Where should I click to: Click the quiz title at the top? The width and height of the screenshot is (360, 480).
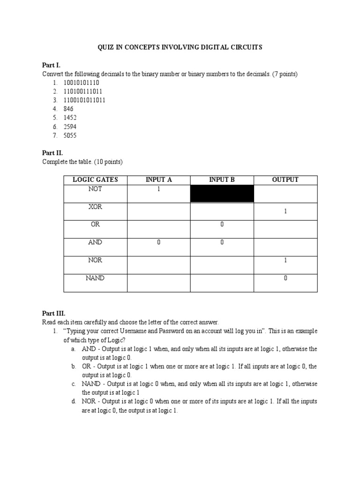[180, 47]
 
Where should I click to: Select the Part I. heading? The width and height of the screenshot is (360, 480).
[51, 65]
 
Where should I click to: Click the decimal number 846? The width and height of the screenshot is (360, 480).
[68, 109]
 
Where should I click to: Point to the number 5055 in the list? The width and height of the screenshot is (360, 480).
[70, 135]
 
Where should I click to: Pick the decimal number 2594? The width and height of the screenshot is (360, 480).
[70, 127]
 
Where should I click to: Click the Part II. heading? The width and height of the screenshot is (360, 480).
[52, 153]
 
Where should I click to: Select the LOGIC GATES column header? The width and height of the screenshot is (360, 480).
[95, 180]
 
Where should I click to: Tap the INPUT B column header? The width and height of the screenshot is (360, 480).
[222, 180]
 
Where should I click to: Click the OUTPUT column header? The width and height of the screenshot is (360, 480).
[285, 180]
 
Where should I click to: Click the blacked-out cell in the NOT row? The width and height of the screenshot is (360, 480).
[222, 194]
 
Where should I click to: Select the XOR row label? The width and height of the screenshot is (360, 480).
[95, 207]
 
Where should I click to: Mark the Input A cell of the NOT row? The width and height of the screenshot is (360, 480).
[158, 189]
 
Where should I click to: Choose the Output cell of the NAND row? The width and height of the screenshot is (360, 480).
[285, 278]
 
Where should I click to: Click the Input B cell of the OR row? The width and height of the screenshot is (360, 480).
[222, 225]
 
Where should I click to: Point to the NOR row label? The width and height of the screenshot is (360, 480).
[95, 260]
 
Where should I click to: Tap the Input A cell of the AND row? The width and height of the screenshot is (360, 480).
[158, 243]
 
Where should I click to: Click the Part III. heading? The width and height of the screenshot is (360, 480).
[53, 313]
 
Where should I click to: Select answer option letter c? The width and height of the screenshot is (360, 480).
[74, 384]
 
